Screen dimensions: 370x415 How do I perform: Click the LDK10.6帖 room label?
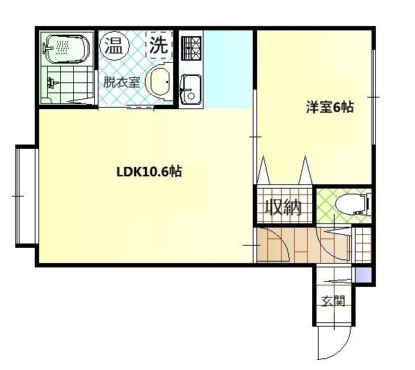point(148,173)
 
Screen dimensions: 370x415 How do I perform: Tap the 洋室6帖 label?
point(329,107)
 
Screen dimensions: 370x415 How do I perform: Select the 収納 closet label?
point(282,207)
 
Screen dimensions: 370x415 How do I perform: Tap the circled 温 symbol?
point(114,46)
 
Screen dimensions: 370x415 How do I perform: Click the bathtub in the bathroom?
point(65,49)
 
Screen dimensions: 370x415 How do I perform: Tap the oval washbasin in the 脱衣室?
point(158,81)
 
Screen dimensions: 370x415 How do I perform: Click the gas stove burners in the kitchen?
point(192,48)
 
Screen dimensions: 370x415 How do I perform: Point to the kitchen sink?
point(191,88)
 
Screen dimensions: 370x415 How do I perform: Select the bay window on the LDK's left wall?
point(25,195)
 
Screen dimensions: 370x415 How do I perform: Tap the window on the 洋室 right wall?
point(374,96)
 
